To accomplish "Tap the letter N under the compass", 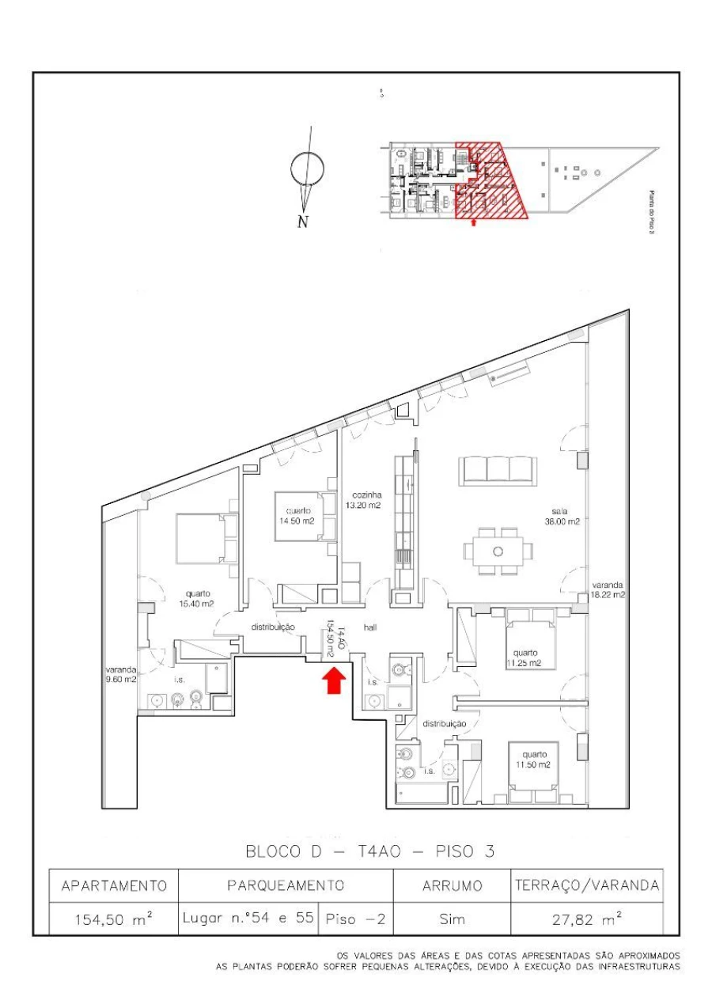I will click(x=302, y=222).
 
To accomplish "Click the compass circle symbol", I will click(x=308, y=169).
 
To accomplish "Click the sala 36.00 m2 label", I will click(x=562, y=517).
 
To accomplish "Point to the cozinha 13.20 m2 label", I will click(x=363, y=499).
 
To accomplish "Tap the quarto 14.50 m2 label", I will click(x=298, y=516).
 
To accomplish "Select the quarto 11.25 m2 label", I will click(x=523, y=656).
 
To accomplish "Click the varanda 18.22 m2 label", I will click(x=607, y=589).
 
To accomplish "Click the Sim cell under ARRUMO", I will click(x=452, y=919).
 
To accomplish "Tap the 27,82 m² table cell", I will click(x=585, y=919).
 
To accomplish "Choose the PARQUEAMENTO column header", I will click(x=286, y=885).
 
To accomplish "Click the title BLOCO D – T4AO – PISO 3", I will click(x=370, y=852).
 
